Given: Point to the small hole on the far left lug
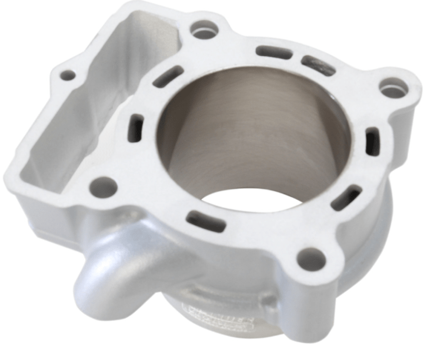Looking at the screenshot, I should pos(68,75).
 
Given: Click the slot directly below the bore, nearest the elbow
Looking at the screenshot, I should pos(206,222).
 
